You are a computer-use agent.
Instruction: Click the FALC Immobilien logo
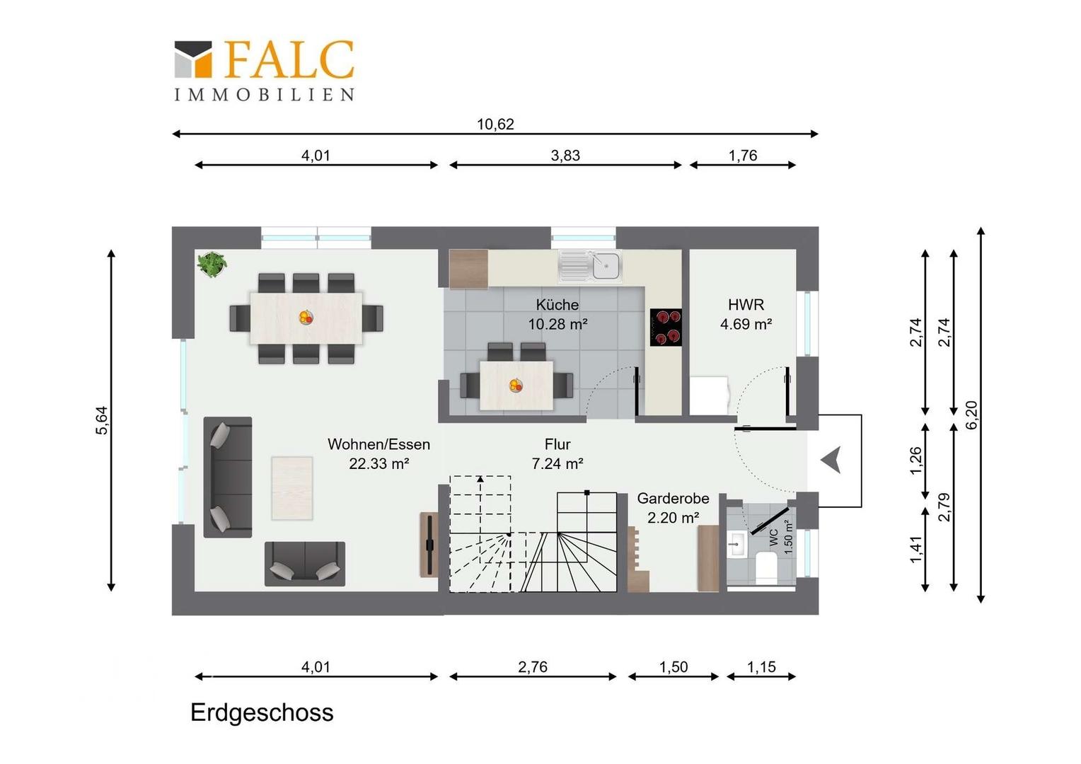264,71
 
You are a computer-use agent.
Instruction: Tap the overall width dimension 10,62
495,125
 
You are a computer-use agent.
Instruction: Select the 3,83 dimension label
565,156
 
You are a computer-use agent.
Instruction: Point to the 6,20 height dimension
972,415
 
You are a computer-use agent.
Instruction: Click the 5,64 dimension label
102,420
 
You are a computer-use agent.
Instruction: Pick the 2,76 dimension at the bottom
533,667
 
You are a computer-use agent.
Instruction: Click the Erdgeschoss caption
262,712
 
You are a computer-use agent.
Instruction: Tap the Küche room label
557,304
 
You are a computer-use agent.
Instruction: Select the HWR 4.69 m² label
746,314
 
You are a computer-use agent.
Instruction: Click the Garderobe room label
674,498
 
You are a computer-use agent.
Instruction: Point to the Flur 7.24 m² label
557,453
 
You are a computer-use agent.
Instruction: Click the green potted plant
212,264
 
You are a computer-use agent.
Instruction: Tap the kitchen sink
590,265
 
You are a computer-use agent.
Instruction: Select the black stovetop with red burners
666,328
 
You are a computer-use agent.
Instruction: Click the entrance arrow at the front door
831,460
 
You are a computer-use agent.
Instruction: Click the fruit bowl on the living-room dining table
306,317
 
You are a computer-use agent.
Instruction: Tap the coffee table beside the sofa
292,488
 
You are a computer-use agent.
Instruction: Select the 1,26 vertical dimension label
915,461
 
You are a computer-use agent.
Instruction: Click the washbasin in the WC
737,543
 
